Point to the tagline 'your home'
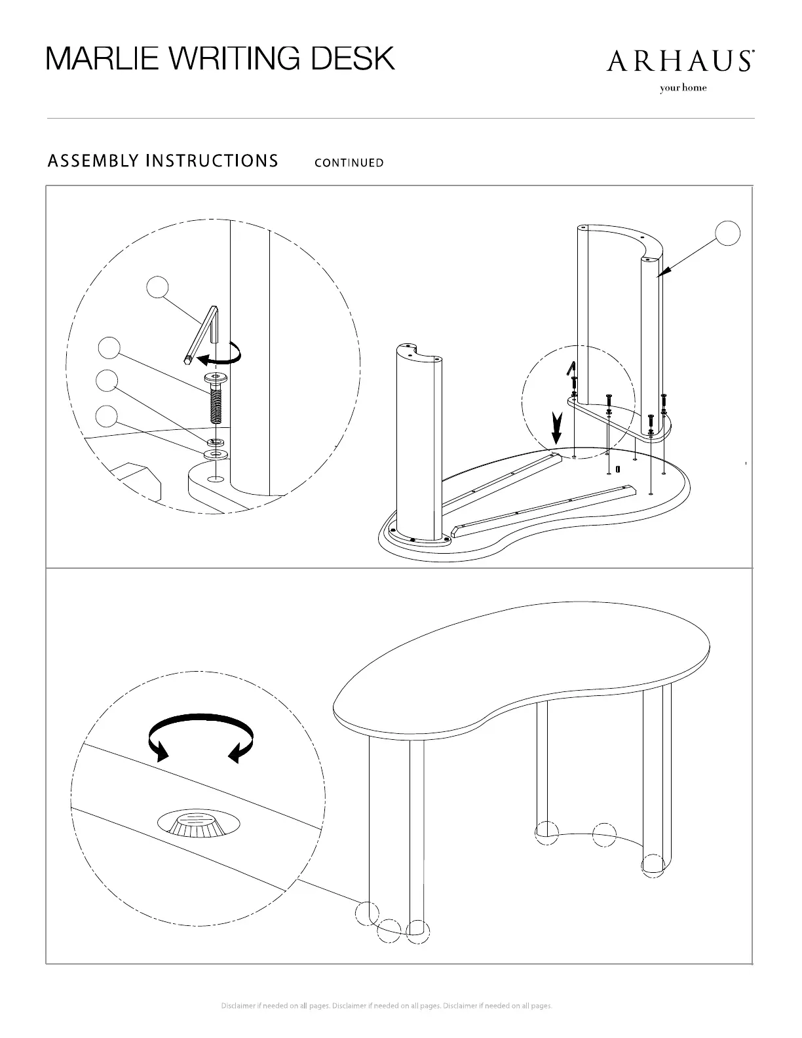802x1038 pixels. click(683, 88)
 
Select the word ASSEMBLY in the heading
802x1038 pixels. click(92, 161)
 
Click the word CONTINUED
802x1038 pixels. click(349, 163)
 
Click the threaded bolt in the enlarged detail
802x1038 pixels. click(215, 400)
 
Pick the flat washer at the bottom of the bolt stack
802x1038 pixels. click(215, 454)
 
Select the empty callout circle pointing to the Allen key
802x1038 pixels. click(157, 287)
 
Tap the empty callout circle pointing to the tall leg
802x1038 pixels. click(727, 233)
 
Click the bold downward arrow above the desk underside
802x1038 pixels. click(557, 429)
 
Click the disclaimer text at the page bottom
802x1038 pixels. click(387, 1006)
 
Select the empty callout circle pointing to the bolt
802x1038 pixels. click(109, 347)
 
